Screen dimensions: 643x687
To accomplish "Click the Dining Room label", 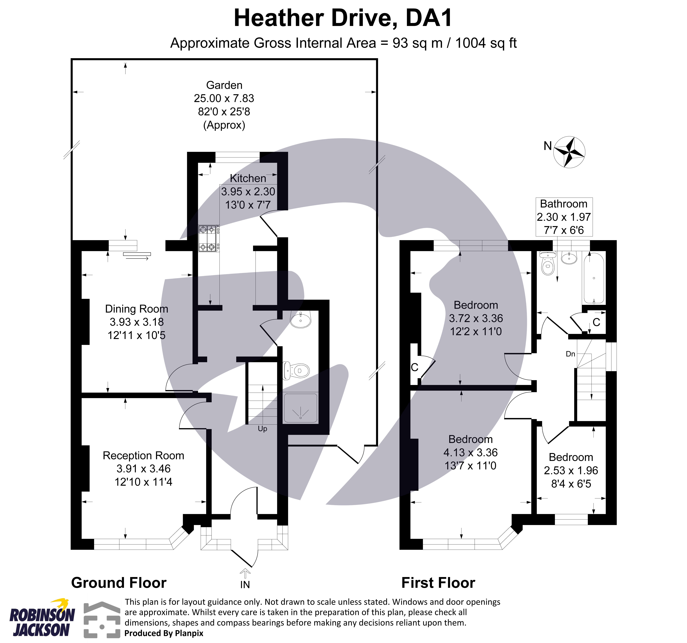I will (137, 309).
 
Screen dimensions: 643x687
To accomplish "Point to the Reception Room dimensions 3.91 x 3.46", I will (143, 469).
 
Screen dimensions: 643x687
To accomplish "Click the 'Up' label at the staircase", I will (262, 429).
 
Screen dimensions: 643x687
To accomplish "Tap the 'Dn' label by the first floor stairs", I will (570, 354).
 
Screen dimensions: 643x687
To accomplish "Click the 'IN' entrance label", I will (245, 585).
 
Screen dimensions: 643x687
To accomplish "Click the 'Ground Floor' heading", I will (118, 583).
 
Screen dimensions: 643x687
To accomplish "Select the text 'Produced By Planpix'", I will (164, 633).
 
